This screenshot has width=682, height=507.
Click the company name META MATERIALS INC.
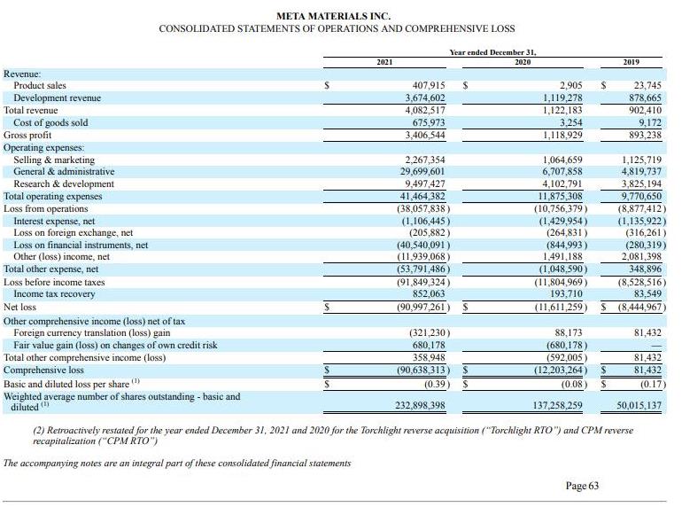[x=333, y=16]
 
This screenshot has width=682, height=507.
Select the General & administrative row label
[x=64, y=171]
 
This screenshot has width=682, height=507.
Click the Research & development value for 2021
[x=418, y=183]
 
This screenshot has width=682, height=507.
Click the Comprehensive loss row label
[x=44, y=370]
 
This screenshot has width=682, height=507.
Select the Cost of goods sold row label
[x=50, y=122]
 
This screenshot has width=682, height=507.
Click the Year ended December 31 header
[x=506, y=52]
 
